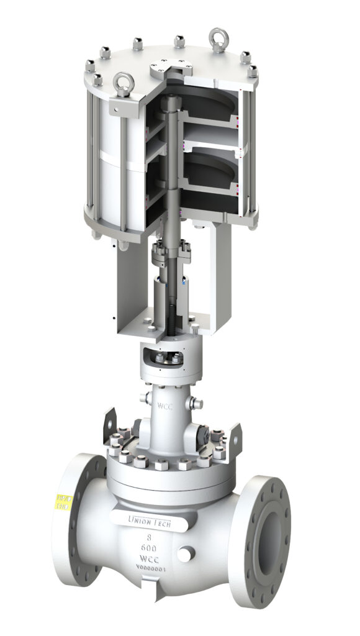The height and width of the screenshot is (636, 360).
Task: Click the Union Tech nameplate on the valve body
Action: (x=148, y=520)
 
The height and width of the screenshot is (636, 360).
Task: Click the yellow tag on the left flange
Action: (x=63, y=502)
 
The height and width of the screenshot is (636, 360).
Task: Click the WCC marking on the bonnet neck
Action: (x=164, y=407)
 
